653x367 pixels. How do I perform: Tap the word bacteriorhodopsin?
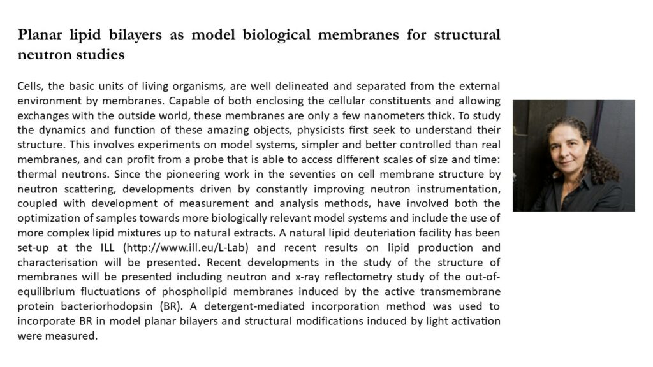103,306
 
